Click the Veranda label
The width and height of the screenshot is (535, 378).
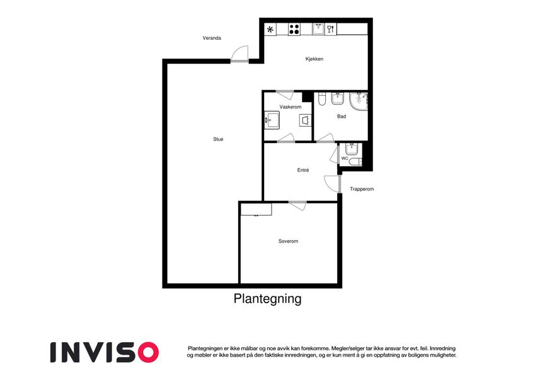pyautogui.click(x=212, y=38)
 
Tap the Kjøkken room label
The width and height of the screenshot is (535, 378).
pyautogui.click(x=314, y=59)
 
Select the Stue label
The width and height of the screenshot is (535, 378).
pyautogui.click(x=218, y=139)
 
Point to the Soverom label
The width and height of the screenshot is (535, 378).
pyautogui.click(x=289, y=241)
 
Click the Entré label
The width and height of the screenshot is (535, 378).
pyautogui.click(x=303, y=170)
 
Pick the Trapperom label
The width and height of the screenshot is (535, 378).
pyautogui.click(x=362, y=189)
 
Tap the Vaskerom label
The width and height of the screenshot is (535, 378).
pyautogui.click(x=291, y=106)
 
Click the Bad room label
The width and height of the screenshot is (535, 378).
pyautogui.click(x=342, y=117)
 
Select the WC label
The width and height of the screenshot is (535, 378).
pyautogui.click(x=345, y=158)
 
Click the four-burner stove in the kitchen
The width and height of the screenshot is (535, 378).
pyautogui.click(x=294, y=29)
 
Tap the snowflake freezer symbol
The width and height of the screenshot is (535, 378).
pyautogui.click(x=270, y=30)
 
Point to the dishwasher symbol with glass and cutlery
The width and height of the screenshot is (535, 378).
pyautogui.click(x=330, y=29)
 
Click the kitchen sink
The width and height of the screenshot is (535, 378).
pyautogui.click(x=318, y=28)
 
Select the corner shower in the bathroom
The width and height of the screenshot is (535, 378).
pyautogui.click(x=359, y=101)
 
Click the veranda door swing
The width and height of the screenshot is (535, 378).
pyautogui.click(x=239, y=54)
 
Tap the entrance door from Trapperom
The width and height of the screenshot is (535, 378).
pyautogui.click(x=332, y=184)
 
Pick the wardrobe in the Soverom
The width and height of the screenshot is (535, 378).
pyautogui.click(x=256, y=209)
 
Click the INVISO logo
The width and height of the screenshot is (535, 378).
pyautogui.click(x=105, y=352)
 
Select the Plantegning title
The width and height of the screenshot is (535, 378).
pyautogui.click(x=267, y=299)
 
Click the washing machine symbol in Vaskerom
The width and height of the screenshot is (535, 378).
pyautogui.click(x=306, y=120)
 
